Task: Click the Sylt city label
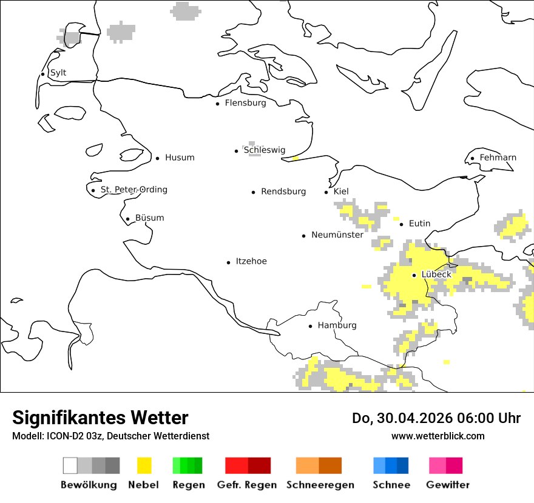pos(58,73)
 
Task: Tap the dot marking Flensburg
pos(217,104)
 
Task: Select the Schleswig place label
pos(264,150)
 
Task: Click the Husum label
pos(180,158)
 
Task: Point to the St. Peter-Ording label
pos(133,190)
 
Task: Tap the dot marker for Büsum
pos(127,219)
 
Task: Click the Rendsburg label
pos(283,192)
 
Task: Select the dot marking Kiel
pos(326,192)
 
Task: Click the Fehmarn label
pos(498,158)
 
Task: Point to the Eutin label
pos(419,224)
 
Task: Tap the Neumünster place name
pos(337,235)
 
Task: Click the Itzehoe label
pos(251,261)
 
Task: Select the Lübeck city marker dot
pos(414,275)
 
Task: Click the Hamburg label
pos(337,325)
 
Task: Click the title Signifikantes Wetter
pos(100,418)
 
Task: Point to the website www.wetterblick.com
pos(438,436)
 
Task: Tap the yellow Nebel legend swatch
pos(144,465)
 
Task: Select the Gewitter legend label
pos(447,485)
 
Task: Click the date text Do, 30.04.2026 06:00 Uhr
pos(436,418)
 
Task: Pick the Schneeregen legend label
pos(320,485)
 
